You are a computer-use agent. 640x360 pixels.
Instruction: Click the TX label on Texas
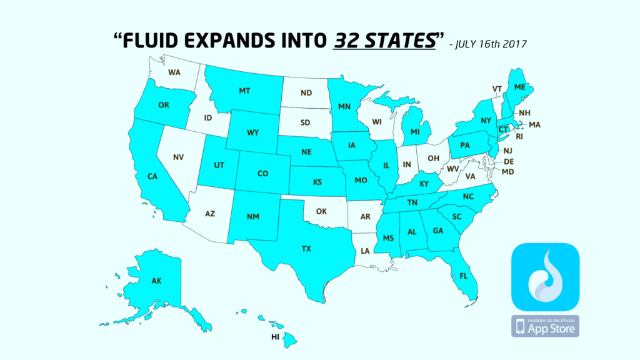(x=306, y=249)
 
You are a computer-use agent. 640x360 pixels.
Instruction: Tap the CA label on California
(x=152, y=177)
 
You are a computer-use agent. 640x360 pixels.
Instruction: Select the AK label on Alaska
(x=156, y=281)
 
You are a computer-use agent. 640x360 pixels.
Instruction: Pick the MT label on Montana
(x=245, y=91)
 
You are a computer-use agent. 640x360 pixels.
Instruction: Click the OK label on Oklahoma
(x=321, y=211)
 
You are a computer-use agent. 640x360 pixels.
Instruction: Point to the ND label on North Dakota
(x=306, y=93)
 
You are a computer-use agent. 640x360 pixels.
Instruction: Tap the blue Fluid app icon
(x=545, y=277)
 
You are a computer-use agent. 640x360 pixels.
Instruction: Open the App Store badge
(x=545, y=326)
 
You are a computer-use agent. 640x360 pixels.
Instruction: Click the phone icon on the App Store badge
(x=521, y=326)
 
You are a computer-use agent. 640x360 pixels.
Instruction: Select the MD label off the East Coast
(x=507, y=172)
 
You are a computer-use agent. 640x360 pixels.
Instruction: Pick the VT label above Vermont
(x=497, y=89)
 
